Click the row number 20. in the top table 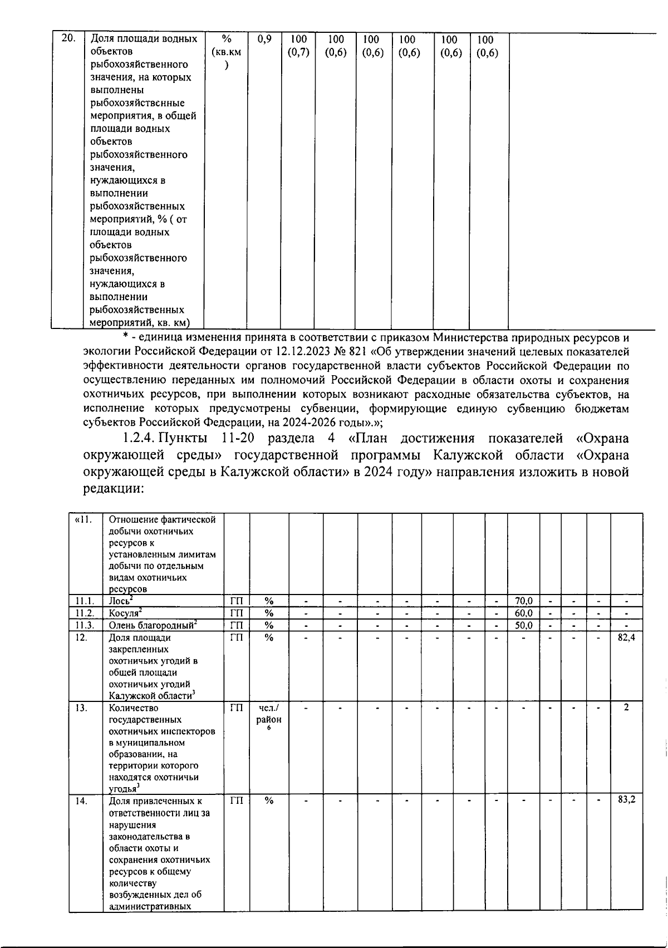point(67,39)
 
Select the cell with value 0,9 point(265,40)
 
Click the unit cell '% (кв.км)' point(226,52)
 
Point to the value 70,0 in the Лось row point(523,601)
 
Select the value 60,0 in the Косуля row point(523,613)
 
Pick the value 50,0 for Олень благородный point(523,625)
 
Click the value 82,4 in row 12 point(626,637)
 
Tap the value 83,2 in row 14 point(626,800)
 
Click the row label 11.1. point(85,601)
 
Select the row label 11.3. point(85,625)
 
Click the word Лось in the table point(119,601)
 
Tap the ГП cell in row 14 point(236,800)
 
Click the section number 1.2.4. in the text point(139,439)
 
